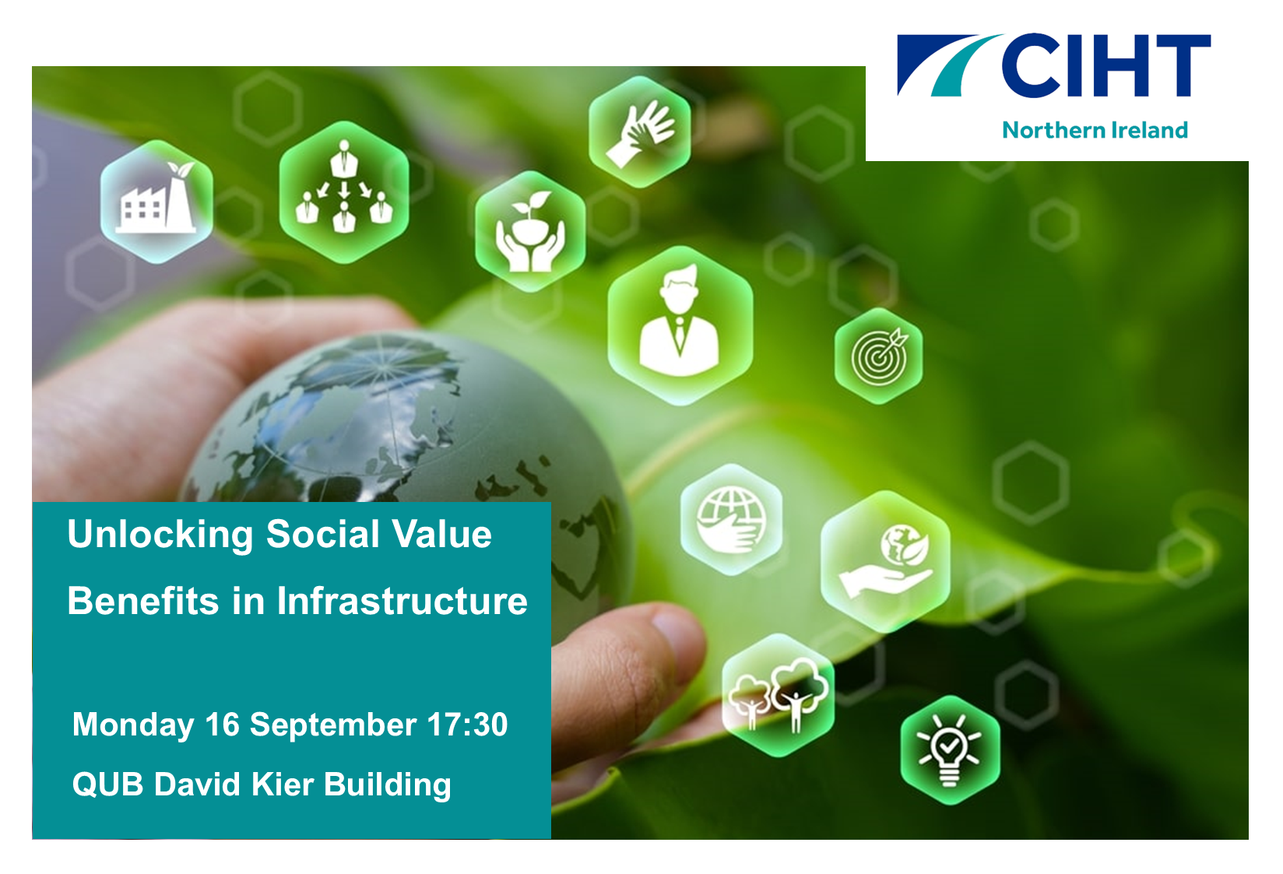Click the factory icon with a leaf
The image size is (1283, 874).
click(x=156, y=202)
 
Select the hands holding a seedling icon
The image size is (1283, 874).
click(x=530, y=231)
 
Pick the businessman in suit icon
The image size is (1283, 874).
click(x=680, y=325)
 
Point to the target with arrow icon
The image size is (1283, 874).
click(x=879, y=356)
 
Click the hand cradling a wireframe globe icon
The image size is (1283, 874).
click(x=731, y=519)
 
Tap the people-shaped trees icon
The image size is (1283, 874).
click(x=778, y=695)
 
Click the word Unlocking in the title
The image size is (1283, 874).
click(x=160, y=535)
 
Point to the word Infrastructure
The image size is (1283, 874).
click(x=402, y=601)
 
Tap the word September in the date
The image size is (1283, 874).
click(x=332, y=725)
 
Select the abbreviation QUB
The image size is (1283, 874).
click(x=107, y=784)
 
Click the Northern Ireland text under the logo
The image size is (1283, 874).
click(x=1095, y=130)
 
